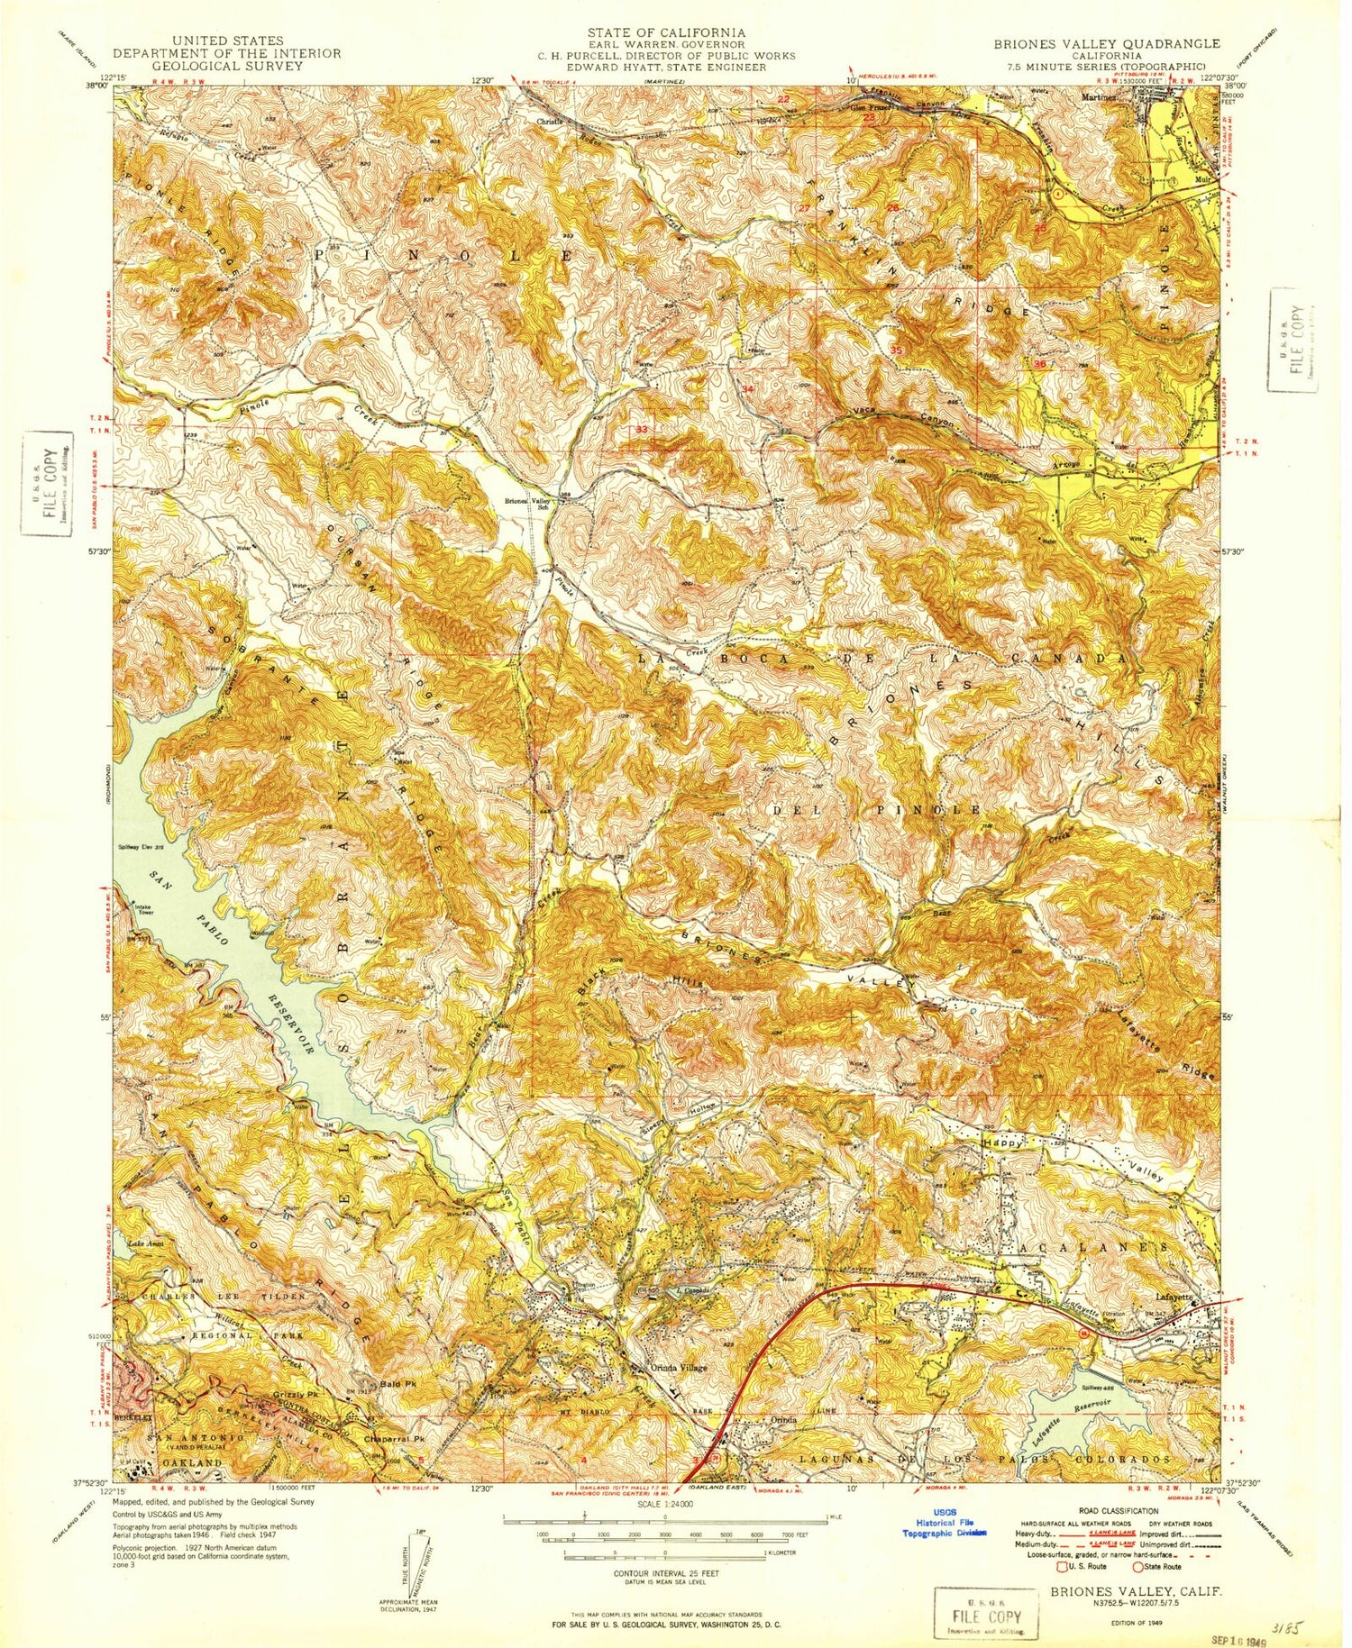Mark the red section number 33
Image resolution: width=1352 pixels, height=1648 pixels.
tap(641, 430)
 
